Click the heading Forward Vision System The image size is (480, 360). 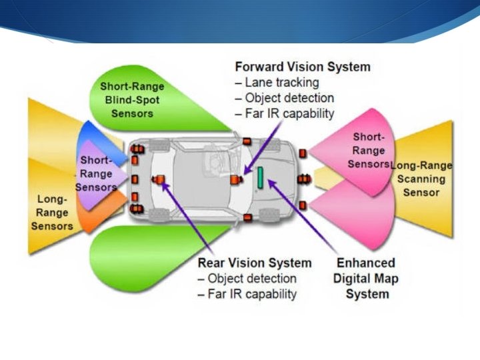click(x=302, y=67)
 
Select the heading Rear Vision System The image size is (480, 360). click(x=254, y=263)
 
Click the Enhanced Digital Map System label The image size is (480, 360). click(x=365, y=277)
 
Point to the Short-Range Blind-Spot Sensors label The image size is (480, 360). click(x=132, y=99)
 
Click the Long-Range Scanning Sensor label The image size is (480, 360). click(x=421, y=179)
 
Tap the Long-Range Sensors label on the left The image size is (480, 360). click(x=52, y=212)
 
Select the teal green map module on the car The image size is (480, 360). click(x=261, y=178)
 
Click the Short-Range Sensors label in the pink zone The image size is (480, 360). click(x=369, y=150)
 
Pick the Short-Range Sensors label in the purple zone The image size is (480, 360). click(x=95, y=173)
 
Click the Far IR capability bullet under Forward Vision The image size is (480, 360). click(x=285, y=113)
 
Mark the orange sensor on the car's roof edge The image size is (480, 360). click(x=245, y=141)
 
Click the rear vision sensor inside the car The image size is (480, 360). click(x=160, y=179)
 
